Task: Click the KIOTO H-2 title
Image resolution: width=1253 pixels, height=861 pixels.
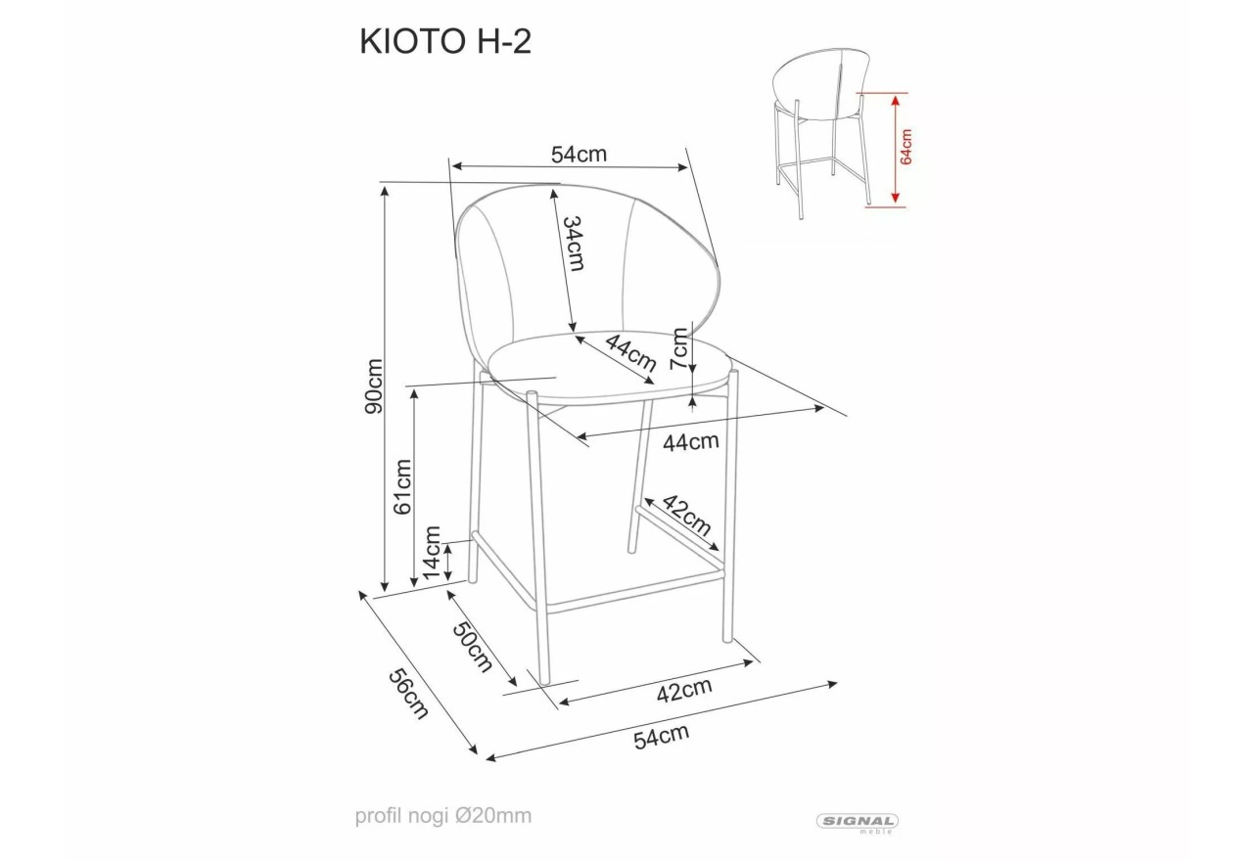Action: pos(445,42)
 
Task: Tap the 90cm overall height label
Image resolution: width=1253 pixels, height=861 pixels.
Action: pos(374,386)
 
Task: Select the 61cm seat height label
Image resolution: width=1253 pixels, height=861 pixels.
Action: pos(402,486)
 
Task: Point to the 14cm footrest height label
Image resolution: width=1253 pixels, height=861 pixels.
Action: pos(433,553)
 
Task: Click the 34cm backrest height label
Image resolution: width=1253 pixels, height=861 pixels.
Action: pos(575,244)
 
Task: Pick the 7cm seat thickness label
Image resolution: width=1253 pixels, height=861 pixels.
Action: pos(679,348)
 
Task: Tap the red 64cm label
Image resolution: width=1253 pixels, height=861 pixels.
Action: pos(906,147)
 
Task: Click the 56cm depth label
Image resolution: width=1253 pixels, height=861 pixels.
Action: pos(409,694)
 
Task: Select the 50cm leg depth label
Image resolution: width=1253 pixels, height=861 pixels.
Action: pos(473,646)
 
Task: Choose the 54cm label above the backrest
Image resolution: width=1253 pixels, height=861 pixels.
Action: pos(579,155)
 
